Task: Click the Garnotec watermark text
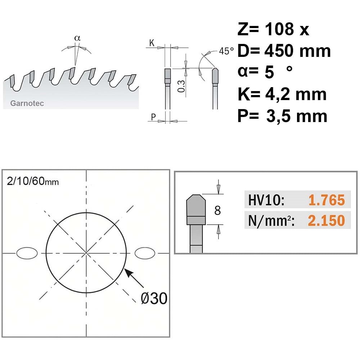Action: [x=27, y=103]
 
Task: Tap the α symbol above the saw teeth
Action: [x=78, y=38]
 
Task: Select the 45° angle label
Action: [x=226, y=51]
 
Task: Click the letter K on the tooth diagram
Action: [x=152, y=43]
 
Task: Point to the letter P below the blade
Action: [x=153, y=117]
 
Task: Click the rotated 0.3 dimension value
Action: [x=181, y=86]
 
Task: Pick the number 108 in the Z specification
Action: [x=279, y=29]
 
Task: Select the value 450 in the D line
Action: [x=278, y=51]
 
